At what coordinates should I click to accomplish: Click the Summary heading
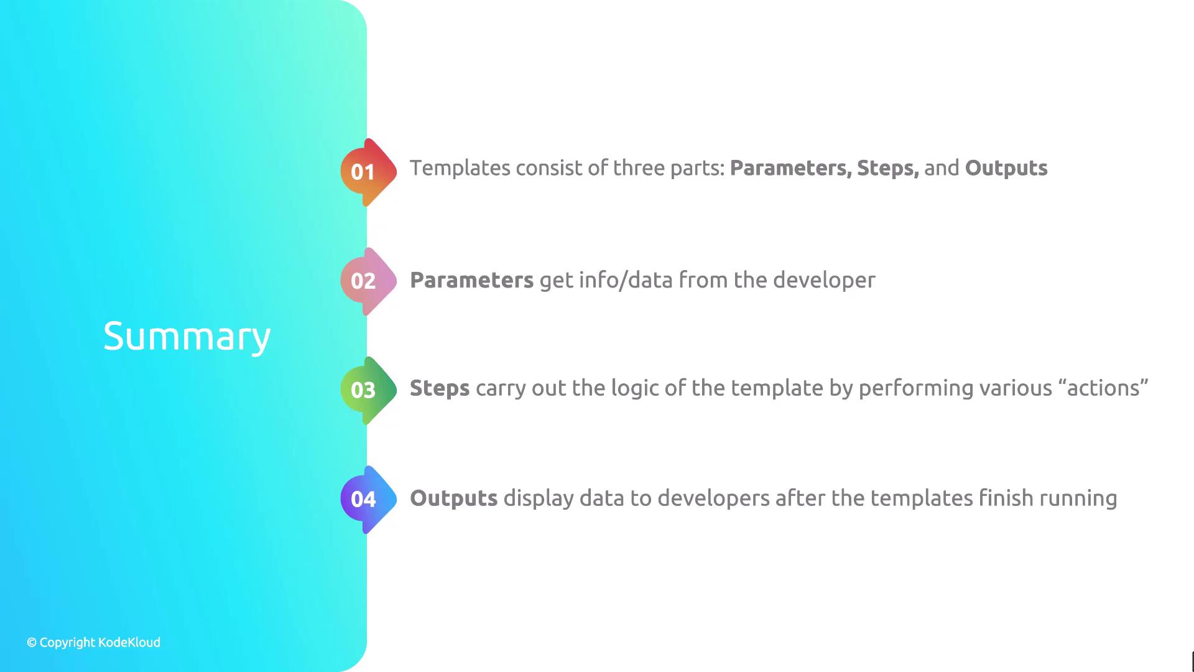[187, 337]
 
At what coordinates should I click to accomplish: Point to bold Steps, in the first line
[887, 168]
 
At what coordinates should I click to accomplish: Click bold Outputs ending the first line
[1006, 168]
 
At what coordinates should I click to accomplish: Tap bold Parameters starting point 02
[471, 280]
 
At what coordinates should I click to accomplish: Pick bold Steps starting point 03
[440, 388]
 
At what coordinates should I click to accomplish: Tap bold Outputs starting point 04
[454, 498]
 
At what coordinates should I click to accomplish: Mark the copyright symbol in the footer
[32, 643]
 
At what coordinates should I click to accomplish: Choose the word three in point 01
[639, 168]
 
